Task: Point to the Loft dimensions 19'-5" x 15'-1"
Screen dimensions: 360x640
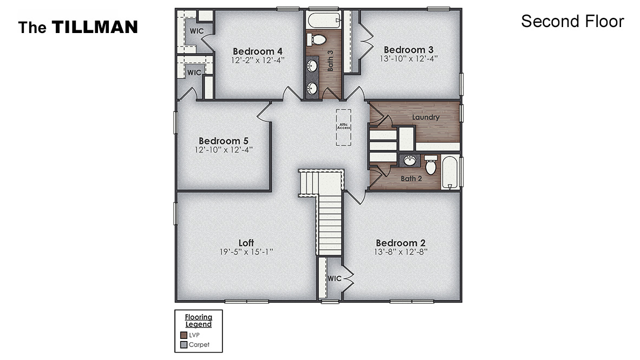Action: (246, 252)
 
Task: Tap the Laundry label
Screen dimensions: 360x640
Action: (426, 117)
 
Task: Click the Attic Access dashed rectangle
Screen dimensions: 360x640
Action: (343, 127)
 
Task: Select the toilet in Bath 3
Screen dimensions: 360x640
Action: (318, 40)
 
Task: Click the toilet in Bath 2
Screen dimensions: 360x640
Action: (431, 165)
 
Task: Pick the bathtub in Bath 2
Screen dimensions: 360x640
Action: (450, 172)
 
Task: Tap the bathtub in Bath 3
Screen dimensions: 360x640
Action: (323, 22)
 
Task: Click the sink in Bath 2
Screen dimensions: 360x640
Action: (410, 161)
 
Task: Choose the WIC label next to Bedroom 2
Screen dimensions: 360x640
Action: (335, 278)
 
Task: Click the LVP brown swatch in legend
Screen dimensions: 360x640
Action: (184, 335)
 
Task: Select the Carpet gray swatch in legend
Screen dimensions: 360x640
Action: (184, 344)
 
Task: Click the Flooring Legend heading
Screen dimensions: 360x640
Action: (198, 320)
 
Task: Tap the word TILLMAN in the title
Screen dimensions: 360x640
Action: (95, 27)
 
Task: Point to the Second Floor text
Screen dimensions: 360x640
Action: (572, 21)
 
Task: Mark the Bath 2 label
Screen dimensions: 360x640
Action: (411, 179)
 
